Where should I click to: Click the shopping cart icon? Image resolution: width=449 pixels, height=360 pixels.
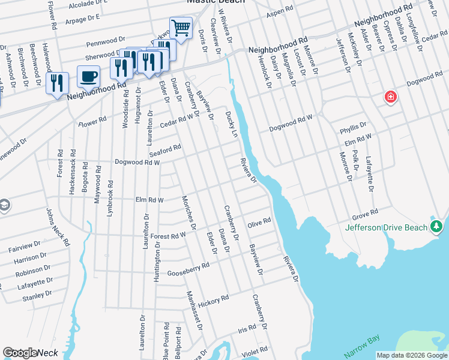[181, 27]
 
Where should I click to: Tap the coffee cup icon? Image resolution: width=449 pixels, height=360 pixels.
[88, 77]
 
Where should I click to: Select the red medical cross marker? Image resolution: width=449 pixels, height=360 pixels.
[391, 97]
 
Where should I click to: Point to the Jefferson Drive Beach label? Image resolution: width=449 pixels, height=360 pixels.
[387, 227]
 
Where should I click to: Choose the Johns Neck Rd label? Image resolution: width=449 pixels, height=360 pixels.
[58, 227]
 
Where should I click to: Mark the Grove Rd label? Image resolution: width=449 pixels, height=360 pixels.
[365, 214]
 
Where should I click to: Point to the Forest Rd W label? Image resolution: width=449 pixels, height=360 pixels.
[168, 236]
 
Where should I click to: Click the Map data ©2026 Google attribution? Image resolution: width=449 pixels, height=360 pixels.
[412, 355]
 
